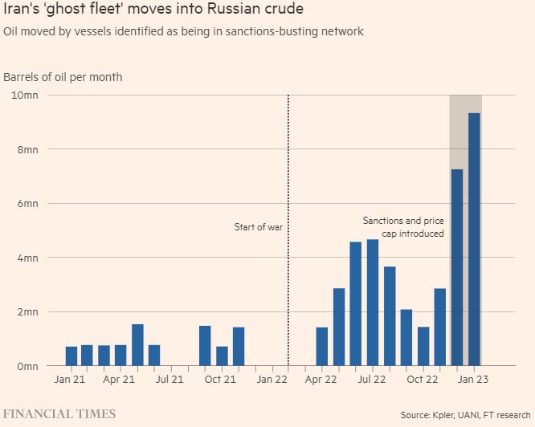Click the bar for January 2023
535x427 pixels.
pyautogui.click(x=474, y=239)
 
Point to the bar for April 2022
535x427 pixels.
pyautogui.click(x=322, y=346)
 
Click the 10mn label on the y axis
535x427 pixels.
pyautogui.click(x=24, y=95)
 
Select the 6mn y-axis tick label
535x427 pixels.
pyautogui.click(x=27, y=203)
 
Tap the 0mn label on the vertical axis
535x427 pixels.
pyautogui.click(x=27, y=366)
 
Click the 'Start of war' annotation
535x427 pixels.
pyautogui.click(x=259, y=227)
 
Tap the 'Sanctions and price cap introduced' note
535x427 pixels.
pyautogui.click(x=403, y=226)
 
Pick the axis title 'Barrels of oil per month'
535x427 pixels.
pyautogui.click(x=63, y=77)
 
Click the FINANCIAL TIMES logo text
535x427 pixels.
pyautogui.click(x=59, y=414)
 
